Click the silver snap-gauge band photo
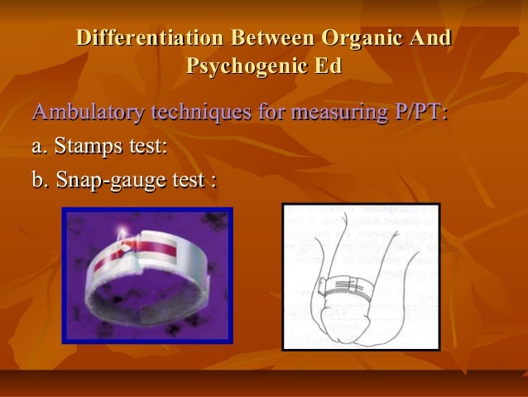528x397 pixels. [146, 274]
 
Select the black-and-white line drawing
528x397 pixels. [360, 276]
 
